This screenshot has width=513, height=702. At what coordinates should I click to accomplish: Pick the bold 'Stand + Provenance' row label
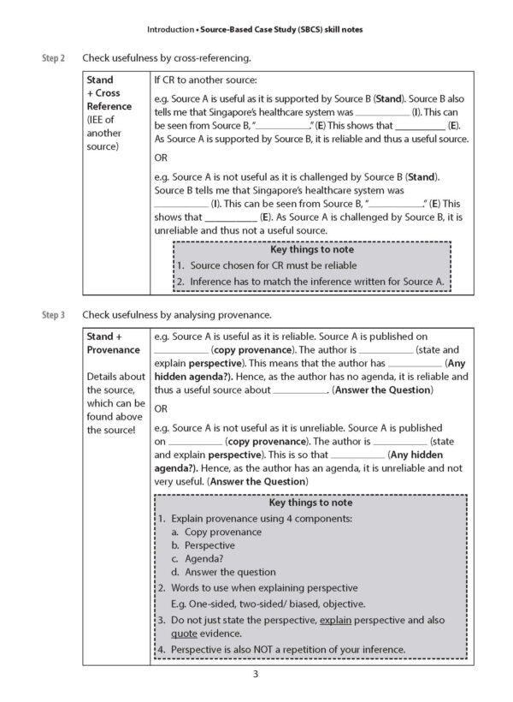click(x=113, y=343)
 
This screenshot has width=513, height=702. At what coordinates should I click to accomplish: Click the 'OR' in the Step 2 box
click(x=162, y=158)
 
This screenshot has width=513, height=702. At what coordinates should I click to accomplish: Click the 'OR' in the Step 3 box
click(x=162, y=408)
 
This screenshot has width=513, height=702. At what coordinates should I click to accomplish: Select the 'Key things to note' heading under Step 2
click(x=311, y=250)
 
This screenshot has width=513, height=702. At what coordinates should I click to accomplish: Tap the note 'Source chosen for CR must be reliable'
click(x=271, y=265)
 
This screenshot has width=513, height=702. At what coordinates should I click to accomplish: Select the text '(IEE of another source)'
click(x=105, y=133)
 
